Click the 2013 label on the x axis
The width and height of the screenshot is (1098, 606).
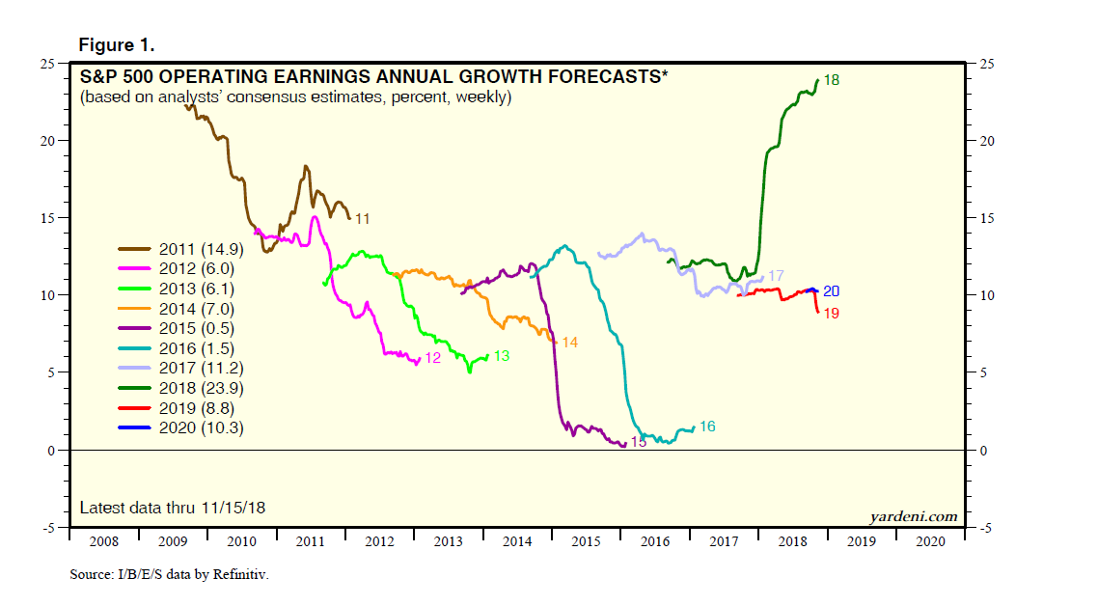(448, 542)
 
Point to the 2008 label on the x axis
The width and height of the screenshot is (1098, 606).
(104, 542)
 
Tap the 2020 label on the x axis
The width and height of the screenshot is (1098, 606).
(929, 542)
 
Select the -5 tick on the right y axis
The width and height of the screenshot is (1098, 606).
(985, 529)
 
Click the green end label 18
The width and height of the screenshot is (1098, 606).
(831, 80)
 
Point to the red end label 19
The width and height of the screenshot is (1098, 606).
(831, 314)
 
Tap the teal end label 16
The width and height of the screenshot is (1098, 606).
(707, 426)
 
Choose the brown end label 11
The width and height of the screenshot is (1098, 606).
(363, 219)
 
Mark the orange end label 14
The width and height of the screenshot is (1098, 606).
(569, 343)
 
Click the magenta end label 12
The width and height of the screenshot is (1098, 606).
(432, 358)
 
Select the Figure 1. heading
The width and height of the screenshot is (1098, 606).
(116, 45)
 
